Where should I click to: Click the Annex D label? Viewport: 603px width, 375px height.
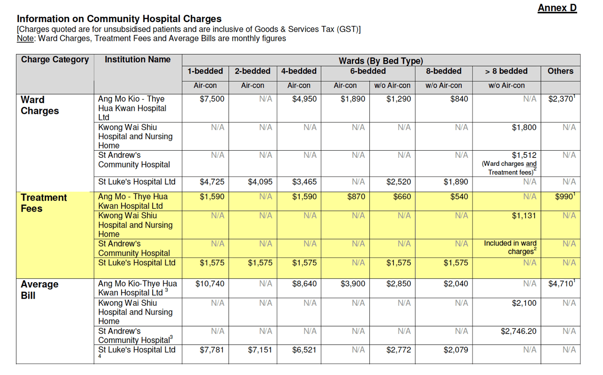[x=557, y=8]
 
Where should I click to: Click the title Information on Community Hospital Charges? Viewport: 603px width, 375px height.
[x=119, y=19]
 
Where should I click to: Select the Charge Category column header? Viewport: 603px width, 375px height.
[x=55, y=60]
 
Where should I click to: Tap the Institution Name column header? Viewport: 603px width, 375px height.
[x=138, y=60]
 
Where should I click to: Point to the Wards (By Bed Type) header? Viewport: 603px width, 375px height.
[x=381, y=61]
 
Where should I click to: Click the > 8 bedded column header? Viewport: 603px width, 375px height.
[x=506, y=72]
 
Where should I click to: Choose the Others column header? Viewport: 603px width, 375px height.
[x=560, y=72]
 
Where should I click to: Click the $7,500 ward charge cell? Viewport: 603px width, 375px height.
[x=212, y=99]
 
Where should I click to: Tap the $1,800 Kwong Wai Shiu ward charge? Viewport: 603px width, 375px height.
[x=524, y=128]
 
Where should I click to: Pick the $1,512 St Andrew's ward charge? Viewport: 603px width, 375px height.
[x=524, y=155]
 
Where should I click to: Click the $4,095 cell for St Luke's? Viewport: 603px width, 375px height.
[x=260, y=182]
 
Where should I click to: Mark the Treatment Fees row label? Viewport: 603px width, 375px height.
[x=44, y=203]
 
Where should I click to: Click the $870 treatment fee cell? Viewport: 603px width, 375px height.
[x=356, y=197]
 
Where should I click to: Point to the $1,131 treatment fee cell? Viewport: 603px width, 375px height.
[x=524, y=216]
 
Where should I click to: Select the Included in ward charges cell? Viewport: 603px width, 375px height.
[x=511, y=247]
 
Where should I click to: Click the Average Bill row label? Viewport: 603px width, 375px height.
[x=40, y=290]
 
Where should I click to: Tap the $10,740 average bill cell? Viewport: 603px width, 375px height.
[x=210, y=284]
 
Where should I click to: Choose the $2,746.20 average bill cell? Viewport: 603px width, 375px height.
[x=518, y=331]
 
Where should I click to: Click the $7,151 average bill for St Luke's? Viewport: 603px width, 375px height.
[x=260, y=350]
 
